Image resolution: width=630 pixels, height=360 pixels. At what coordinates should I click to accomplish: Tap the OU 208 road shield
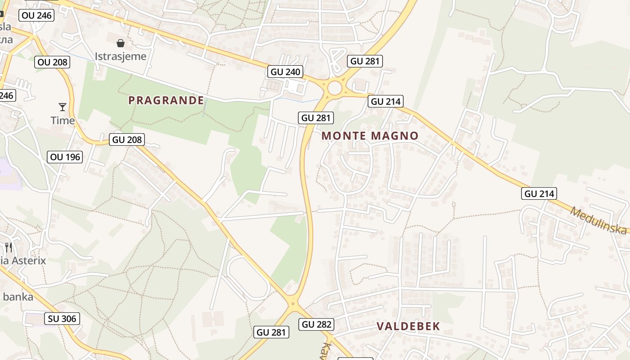pyautogui.click(x=53, y=62)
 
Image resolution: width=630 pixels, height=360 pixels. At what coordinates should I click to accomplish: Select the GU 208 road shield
pyautogui.click(x=127, y=139)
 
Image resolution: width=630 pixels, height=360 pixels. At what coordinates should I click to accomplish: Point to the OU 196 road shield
pyautogui.click(x=65, y=157)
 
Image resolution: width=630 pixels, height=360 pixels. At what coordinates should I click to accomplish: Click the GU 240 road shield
pyautogui.click(x=285, y=72)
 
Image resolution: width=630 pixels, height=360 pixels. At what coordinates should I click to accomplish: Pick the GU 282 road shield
pyautogui.click(x=317, y=324)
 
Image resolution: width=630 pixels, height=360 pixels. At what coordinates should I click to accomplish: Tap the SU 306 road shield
pyautogui.click(x=62, y=319)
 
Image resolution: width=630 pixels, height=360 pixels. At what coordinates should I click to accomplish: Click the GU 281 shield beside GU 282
pyautogui.click(x=271, y=332)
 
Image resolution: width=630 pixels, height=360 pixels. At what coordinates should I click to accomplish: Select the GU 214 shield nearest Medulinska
pyautogui.click(x=540, y=193)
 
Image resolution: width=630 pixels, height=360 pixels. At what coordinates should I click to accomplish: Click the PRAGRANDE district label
pyautogui.click(x=166, y=100)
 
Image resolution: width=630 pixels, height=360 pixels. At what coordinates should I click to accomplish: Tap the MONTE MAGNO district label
pyautogui.click(x=370, y=135)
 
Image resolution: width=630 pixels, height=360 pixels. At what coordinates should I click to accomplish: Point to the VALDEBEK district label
pyautogui.click(x=408, y=326)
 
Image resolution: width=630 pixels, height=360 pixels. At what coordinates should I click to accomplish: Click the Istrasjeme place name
pyautogui.click(x=120, y=56)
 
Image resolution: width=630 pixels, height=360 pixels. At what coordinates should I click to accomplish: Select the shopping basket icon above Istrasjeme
pyautogui.click(x=120, y=43)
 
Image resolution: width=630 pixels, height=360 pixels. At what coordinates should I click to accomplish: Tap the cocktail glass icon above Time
pyautogui.click(x=63, y=107)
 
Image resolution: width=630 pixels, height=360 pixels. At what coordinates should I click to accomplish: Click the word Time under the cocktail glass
pyautogui.click(x=63, y=121)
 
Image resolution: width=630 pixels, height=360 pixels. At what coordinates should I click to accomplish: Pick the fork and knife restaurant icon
pyautogui.click(x=8, y=247)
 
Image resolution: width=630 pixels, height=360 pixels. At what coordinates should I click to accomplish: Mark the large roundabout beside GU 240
pyautogui.click(x=334, y=88)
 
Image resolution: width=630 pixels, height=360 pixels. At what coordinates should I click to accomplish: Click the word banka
pyautogui.click(x=18, y=297)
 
